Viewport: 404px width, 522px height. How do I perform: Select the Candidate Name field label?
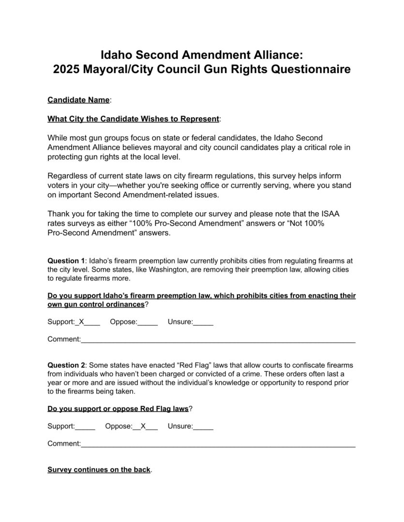pyautogui.click(x=78, y=100)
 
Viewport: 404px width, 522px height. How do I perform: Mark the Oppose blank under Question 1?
pyautogui.click(x=148, y=323)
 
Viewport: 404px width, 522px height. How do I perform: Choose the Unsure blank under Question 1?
pyautogui.click(x=203, y=323)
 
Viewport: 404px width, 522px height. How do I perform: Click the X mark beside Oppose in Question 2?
pyautogui.click(x=143, y=426)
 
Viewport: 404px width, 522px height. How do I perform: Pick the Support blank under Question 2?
pyautogui.click(x=85, y=427)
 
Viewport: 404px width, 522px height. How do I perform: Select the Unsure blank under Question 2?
pyautogui.click(x=203, y=427)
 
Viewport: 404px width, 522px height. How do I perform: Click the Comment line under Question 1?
pyautogui.click(x=218, y=340)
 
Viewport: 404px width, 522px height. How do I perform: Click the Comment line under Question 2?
pyautogui.click(x=218, y=445)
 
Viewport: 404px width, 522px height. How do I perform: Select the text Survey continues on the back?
pyautogui.click(x=99, y=469)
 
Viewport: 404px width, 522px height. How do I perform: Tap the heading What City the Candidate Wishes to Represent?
pyautogui.click(x=133, y=119)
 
